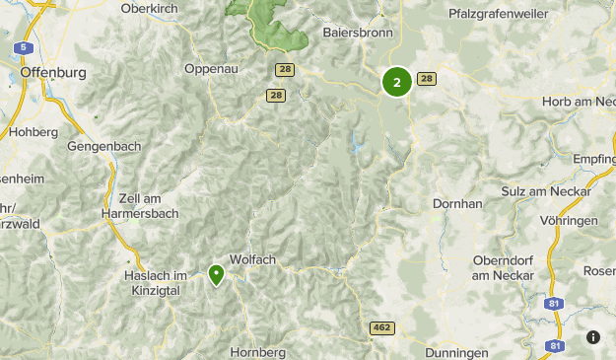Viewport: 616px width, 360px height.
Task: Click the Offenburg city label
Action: coord(53,72)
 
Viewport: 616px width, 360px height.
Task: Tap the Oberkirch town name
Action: coord(155,8)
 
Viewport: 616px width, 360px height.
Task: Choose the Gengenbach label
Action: coord(105,146)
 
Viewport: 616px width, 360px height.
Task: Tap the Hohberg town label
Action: coord(33,131)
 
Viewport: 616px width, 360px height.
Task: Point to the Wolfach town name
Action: coord(253,259)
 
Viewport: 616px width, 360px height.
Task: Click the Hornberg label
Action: coord(257,351)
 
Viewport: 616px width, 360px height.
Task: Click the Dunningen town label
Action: coord(457,352)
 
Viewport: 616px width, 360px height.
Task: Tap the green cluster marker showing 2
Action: coord(396,82)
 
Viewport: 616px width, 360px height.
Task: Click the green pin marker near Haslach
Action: coord(216,273)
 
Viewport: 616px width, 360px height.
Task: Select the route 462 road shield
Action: coord(382,327)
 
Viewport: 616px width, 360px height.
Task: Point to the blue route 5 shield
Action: coord(22,47)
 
